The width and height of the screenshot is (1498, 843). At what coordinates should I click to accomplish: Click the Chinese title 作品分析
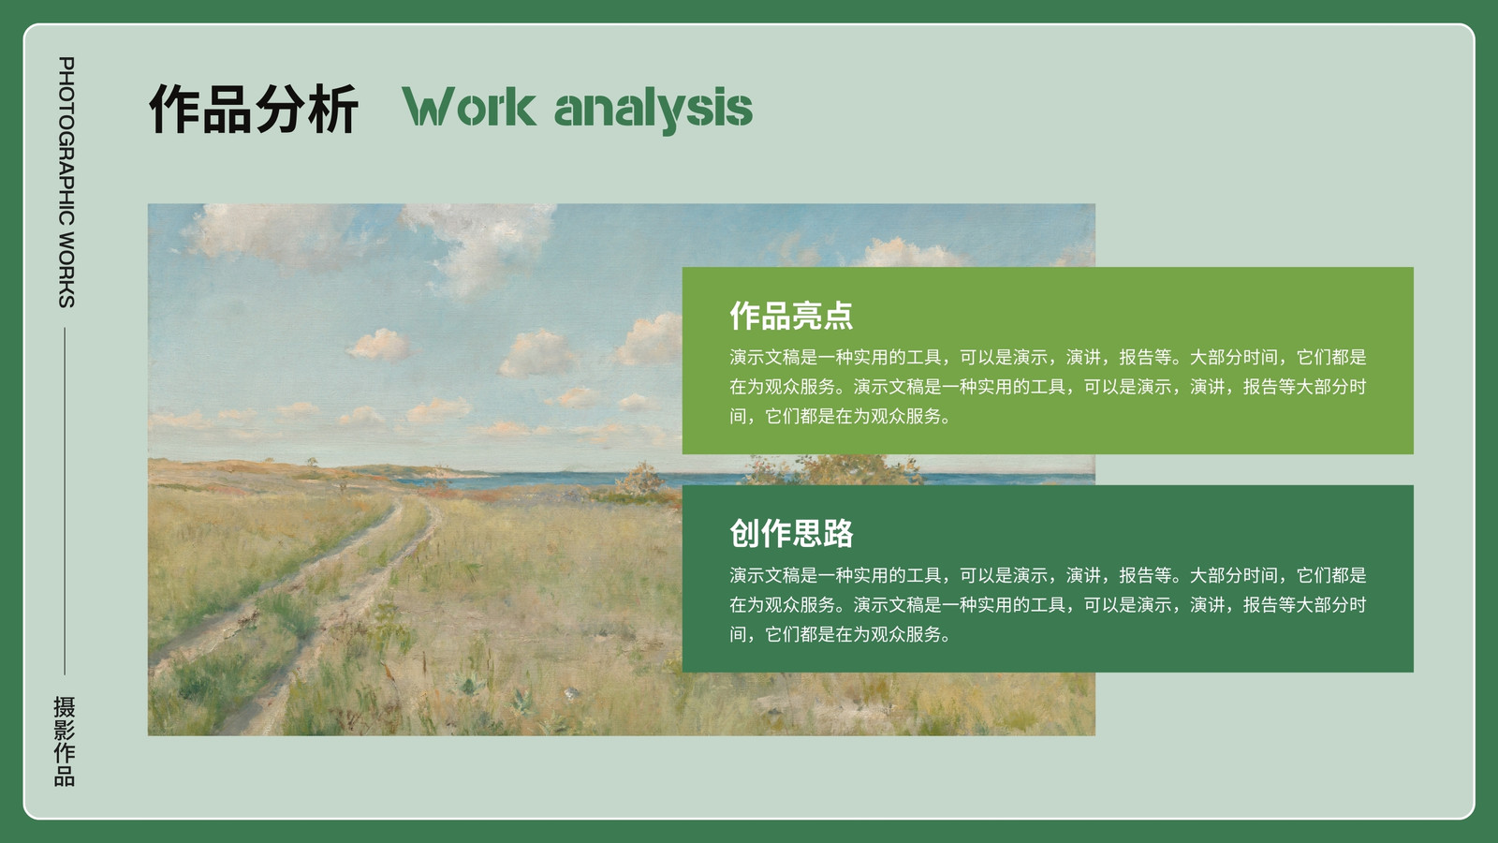(x=254, y=109)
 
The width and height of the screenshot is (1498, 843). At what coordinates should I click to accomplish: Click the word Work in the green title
(x=469, y=107)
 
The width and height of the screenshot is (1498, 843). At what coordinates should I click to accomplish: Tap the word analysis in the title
(x=654, y=109)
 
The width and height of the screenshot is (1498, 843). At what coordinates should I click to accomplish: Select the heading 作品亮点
(x=791, y=315)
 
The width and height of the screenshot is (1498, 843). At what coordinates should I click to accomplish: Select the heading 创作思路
(x=791, y=533)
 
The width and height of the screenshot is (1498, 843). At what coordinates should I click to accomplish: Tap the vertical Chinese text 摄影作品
(x=65, y=741)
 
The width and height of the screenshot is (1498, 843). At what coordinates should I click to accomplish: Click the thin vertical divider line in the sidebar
(x=65, y=501)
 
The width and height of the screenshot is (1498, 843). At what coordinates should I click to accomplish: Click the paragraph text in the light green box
(x=1048, y=387)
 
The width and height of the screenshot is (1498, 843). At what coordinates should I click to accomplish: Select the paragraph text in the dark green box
(x=1048, y=605)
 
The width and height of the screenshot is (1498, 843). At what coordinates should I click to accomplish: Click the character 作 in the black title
(x=174, y=109)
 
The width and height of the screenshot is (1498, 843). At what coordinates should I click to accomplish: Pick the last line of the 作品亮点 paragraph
(x=840, y=416)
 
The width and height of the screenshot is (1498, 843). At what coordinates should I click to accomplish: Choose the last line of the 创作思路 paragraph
(x=840, y=634)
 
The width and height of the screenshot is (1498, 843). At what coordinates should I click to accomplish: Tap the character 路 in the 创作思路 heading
(x=839, y=533)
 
